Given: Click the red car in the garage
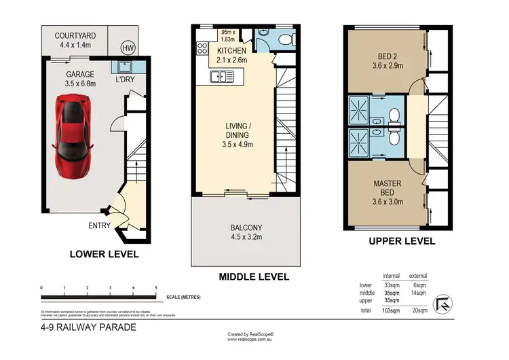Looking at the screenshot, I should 73,134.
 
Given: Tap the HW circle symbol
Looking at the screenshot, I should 127,48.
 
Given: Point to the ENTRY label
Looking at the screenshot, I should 100,226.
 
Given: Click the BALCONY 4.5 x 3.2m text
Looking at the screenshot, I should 245,232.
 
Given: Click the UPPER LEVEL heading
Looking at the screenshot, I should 402,241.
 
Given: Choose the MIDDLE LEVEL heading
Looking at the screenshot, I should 254,276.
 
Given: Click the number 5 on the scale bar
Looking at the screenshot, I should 156,288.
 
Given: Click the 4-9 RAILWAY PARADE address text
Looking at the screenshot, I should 88,327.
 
